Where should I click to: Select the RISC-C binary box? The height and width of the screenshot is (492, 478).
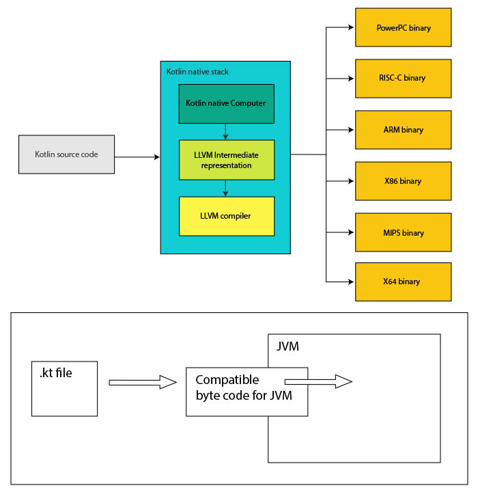[x=403, y=78]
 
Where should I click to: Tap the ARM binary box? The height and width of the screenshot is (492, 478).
[x=403, y=129]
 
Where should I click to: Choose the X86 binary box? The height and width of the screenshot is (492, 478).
[x=403, y=181]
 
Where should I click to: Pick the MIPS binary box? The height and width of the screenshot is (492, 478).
[x=403, y=232]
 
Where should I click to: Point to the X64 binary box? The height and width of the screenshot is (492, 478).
[x=403, y=281]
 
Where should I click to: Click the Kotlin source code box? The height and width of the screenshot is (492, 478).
[x=66, y=154]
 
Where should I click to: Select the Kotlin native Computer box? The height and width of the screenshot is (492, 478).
[x=226, y=103]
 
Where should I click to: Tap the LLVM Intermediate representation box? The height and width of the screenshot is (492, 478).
[x=226, y=160]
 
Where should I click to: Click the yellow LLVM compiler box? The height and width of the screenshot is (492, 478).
[x=226, y=216]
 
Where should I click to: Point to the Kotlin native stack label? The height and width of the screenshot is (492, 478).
[x=197, y=71]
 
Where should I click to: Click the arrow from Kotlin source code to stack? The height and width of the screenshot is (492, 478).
[x=137, y=157]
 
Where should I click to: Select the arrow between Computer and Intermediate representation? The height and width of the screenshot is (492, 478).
[x=226, y=131]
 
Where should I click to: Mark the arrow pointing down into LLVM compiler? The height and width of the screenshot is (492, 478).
[x=226, y=188]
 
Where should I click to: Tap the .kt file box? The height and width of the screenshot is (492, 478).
[x=65, y=388]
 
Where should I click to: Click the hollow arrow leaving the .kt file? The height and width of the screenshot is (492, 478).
[x=143, y=383]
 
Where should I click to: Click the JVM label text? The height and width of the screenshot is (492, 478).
[x=287, y=347]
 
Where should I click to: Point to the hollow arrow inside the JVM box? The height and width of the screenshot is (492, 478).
[x=318, y=381]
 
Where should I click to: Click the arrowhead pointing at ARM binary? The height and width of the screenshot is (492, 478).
[x=350, y=129]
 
